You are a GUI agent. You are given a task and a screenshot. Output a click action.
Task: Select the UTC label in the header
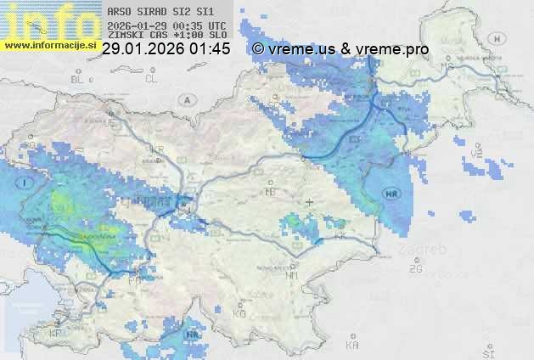(216, 25)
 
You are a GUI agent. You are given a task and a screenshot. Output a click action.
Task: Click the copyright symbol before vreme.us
(258, 49)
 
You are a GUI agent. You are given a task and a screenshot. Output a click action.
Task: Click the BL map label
(79, 79)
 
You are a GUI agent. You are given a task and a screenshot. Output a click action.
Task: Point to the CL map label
(151, 79)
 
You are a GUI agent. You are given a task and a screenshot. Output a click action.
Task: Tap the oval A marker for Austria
(186, 99)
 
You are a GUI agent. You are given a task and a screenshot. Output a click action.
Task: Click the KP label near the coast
(56, 334)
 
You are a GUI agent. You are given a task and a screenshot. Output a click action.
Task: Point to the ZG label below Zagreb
(415, 269)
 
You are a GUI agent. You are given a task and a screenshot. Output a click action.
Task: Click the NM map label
(292, 275)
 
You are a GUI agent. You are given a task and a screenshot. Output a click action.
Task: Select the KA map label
(352, 345)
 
